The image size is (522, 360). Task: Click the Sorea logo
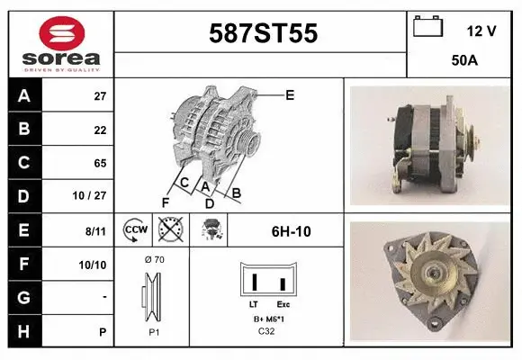(x=61, y=44)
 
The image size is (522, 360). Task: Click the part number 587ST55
(x=263, y=33)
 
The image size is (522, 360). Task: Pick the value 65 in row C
(x=100, y=163)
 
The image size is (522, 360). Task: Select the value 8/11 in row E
(x=96, y=231)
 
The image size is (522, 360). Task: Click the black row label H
(x=23, y=331)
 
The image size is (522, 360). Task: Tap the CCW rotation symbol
(x=136, y=230)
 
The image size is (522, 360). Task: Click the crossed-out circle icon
(x=169, y=230)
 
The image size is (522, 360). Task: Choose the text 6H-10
(x=291, y=231)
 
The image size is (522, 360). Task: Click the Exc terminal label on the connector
(x=283, y=305)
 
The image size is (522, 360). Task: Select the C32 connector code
(x=267, y=331)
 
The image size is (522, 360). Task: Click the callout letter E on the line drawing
(x=290, y=94)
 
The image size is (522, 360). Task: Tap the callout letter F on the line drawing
(x=165, y=202)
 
